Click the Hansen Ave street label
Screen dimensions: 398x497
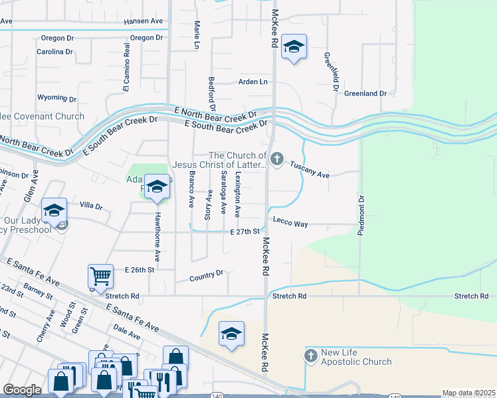point(143,21)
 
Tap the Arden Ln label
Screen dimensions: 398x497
point(253,82)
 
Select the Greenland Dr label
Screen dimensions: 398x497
point(365,94)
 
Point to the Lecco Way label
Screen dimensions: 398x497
point(289,224)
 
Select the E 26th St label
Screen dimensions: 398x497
point(140,271)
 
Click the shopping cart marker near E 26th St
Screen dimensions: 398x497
point(100,275)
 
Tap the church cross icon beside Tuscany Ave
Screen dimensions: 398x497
point(277,159)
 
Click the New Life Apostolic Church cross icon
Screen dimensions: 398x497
point(310,356)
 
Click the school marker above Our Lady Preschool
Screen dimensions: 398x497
point(54,211)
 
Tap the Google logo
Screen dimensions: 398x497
point(22,390)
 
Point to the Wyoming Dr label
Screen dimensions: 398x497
point(56,98)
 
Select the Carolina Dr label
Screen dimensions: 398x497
point(54,52)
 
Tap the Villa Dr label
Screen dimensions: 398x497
point(90,207)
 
